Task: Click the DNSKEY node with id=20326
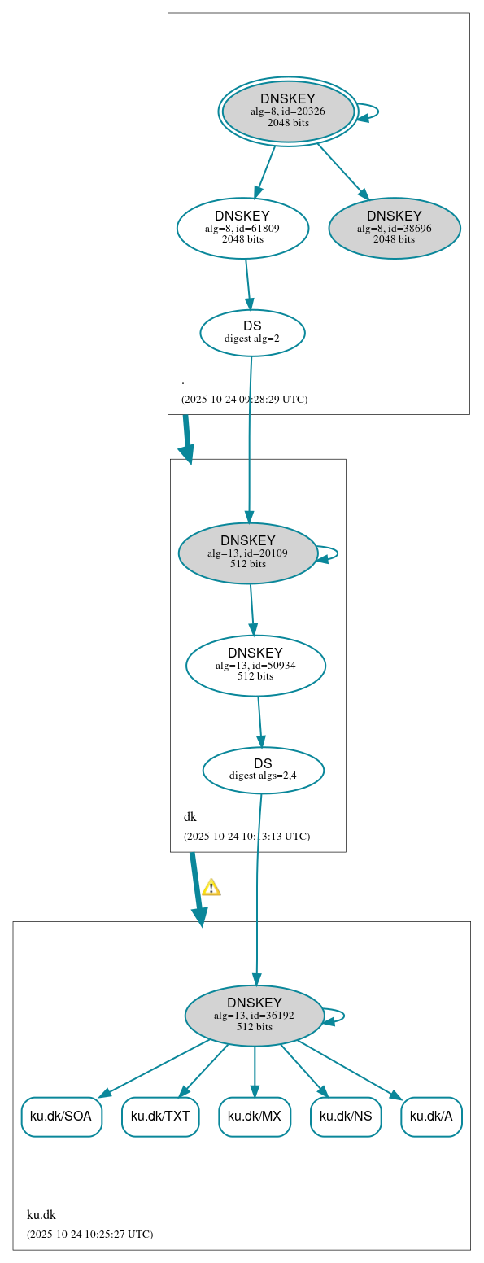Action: (288, 111)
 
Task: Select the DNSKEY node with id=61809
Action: (242, 228)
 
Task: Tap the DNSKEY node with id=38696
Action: (395, 228)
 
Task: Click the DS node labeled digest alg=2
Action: (252, 333)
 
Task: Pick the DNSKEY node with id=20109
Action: (248, 553)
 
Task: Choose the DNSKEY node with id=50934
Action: (255, 666)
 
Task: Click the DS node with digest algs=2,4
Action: (263, 770)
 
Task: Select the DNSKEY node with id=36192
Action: (255, 1016)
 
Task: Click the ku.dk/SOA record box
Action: (61, 1117)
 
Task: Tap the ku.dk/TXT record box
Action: (160, 1117)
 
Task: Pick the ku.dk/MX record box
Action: (255, 1117)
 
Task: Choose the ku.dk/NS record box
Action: (346, 1117)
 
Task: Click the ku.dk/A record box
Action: (431, 1117)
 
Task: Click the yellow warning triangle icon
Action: (211, 887)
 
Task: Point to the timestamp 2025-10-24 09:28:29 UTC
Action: (244, 400)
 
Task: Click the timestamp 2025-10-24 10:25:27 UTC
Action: (89, 1235)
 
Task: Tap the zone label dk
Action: (190, 817)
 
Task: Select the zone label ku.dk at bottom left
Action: (41, 1215)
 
